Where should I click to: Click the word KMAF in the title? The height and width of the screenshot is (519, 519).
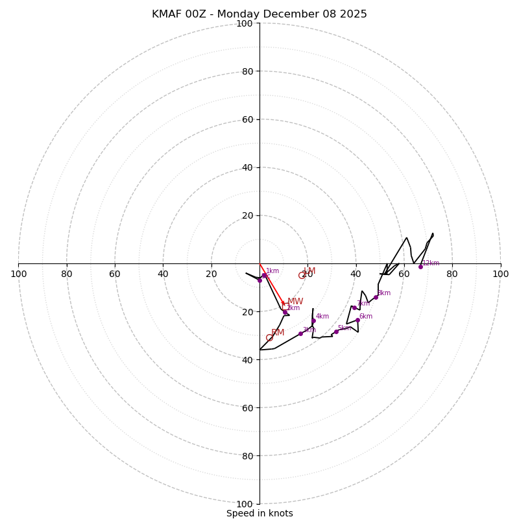coord(167,14)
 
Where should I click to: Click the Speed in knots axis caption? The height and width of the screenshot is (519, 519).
coord(259,513)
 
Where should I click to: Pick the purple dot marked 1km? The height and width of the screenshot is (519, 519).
coord(264,275)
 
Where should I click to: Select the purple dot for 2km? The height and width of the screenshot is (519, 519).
coord(285,312)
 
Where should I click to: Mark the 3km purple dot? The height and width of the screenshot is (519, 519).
coord(300,333)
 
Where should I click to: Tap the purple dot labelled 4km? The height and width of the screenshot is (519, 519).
coord(313,320)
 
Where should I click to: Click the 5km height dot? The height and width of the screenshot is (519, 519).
coord(336,332)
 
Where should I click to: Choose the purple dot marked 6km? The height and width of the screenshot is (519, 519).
coord(357,320)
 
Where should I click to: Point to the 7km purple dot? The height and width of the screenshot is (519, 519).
coord(354,308)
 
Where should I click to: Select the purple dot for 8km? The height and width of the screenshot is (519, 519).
coord(376,297)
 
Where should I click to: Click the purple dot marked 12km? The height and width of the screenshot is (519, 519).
coord(420,267)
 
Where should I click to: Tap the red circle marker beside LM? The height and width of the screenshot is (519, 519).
coord(302,276)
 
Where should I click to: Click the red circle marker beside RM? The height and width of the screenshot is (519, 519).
coord(269,338)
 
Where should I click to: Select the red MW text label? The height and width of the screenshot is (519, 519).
coord(295,302)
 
